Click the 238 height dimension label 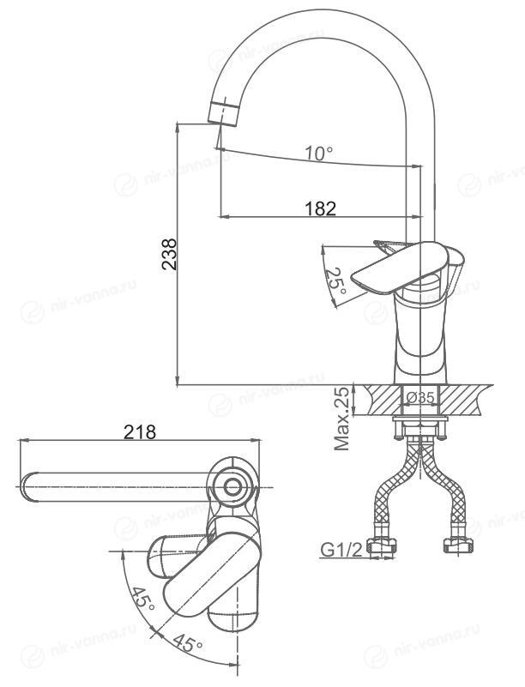pyautogui.click(x=169, y=254)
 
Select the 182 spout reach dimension pyautogui.click(x=320, y=208)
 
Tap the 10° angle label pyautogui.click(x=318, y=153)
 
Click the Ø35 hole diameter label pyautogui.click(x=420, y=397)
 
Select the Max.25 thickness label pyautogui.click(x=342, y=419)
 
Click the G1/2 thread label pyautogui.click(x=342, y=550)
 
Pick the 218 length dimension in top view pyautogui.click(x=140, y=432)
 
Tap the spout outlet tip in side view pyautogui.click(x=223, y=113)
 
